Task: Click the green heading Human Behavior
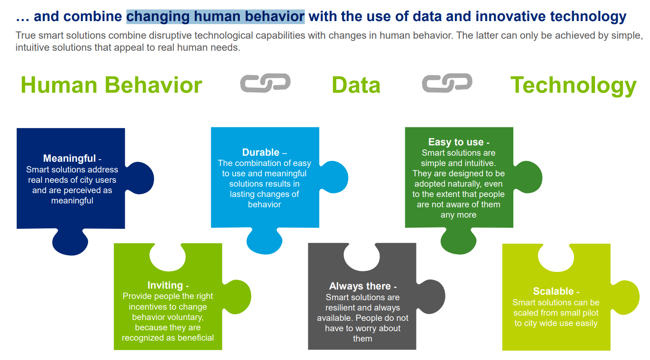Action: pyautogui.click(x=111, y=85)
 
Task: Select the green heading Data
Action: pyautogui.click(x=356, y=85)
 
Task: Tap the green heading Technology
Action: pyautogui.click(x=573, y=85)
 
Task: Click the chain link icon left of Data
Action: pyautogui.click(x=265, y=83)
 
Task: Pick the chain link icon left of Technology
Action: pyautogui.click(x=447, y=83)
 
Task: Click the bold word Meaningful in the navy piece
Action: pyautogui.click(x=69, y=158)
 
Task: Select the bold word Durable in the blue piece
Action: pyautogui.click(x=261, y=152)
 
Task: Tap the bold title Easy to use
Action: pyautogui.click(x=456, y=142)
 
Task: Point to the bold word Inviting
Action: pyautogui.click(x=165, y=285)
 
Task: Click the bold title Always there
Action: pyautogui.click(x=360, y=286)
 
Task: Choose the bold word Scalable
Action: pyautogui.click(x=553, y=291)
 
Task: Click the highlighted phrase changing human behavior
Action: pyautogui.click(x=215, y=16)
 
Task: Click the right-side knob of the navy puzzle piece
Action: pyautogui.click(x=141, y=178)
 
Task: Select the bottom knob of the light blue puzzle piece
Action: pyautogui.click(x=264, y=242)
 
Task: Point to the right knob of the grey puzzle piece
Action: pyautogui.click(x=432, y=296)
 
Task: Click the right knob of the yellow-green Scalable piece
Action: pyautogui.click(x=626, y=297)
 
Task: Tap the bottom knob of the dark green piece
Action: pyautogui.click(x=459, y=242)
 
